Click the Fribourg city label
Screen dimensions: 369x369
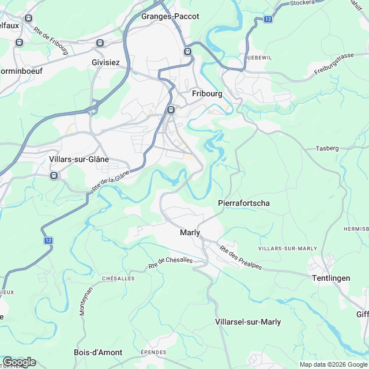coord(206,93)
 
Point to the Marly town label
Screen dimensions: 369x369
coord(190,232)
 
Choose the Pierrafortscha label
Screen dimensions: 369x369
coord(243,203)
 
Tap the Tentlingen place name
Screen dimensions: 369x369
coord(330,278)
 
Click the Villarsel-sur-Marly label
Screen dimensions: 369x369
coord(247,322)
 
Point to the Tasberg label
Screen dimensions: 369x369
coord(327,148)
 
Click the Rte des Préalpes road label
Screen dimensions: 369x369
coord(240,257)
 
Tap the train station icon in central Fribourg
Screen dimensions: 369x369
coord(170,110)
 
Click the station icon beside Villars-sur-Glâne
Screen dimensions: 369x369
coord(54,175)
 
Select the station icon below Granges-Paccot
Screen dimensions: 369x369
coord(187,52)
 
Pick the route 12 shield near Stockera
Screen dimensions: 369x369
coord(268,19)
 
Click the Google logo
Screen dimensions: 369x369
coord(18,362)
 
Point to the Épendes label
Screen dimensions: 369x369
coord(153,352)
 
